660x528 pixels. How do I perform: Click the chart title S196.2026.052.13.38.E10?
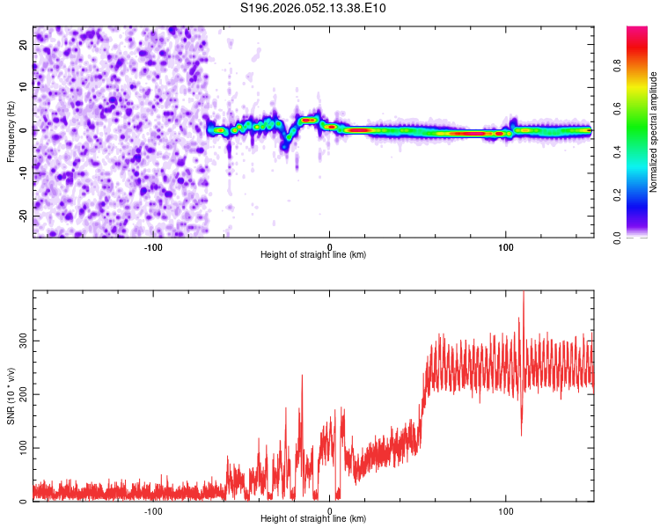pyautogui.click(x=313, y=9)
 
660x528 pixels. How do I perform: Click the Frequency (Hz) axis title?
pyautogui.click(x=11, y=130)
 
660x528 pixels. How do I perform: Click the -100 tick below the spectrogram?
pyautogui.click(x=153, y=246)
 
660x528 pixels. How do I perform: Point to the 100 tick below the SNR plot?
pyautogui.click(x=506, y=510)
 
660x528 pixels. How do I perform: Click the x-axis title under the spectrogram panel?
pyautogui.click(x=313, y=254)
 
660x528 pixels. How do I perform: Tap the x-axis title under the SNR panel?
pyautogui.click(x=313, y=518)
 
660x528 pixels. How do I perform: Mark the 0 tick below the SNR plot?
pyautogui.click(x=330, y=510)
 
